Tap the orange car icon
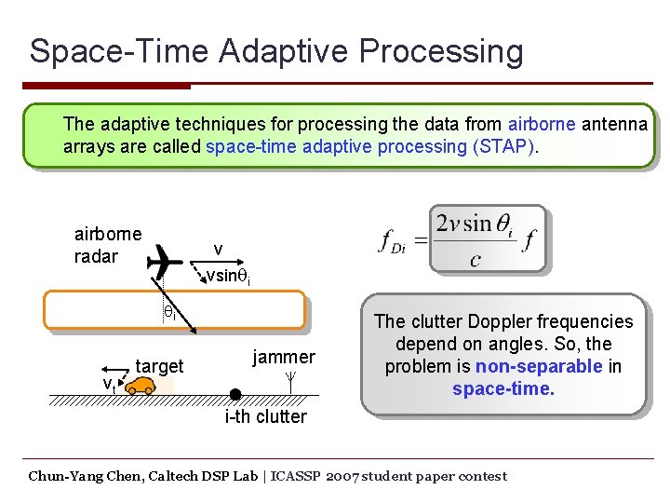click(x=141, y=386)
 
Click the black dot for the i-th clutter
click(x=236, y=394)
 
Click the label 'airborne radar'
click(x=107, y=245)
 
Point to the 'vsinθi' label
click(x=228, y=276)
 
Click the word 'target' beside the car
click(x=160, y=365)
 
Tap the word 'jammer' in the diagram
click(x=284, y=356)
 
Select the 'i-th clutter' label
click(x=265, y=416)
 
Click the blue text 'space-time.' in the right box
click(x=502, y=388)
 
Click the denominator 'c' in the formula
click(x=475, y=259)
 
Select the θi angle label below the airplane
click(x=170, y=314)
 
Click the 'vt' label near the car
click(x=109, y=384)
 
